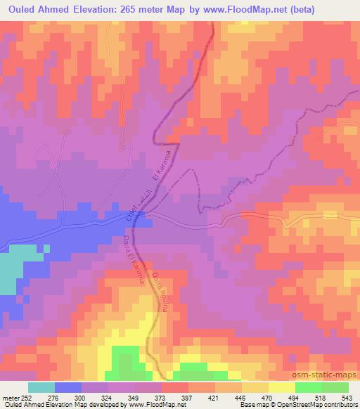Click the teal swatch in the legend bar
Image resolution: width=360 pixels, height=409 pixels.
[41, 387]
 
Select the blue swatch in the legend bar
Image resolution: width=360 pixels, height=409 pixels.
[68, 387]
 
